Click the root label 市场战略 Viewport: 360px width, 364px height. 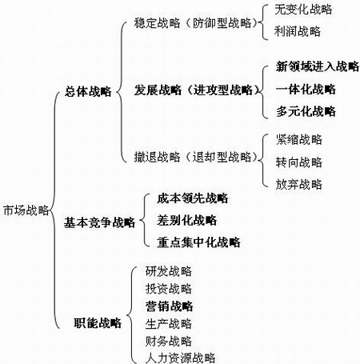coord(26,210)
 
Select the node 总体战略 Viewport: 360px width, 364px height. coord(88,91)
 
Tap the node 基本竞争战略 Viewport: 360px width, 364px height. coord(99,222)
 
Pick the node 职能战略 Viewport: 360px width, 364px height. coord(98,322)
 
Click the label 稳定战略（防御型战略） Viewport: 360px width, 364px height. coord(195,23)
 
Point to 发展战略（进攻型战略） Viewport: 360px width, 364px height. coord(196,90)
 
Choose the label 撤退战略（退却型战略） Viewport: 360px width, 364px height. coord(195,157)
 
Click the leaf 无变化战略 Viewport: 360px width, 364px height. coord(303,10)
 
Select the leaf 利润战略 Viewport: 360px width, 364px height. coord(298,31)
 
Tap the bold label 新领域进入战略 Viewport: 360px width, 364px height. coord(318,66)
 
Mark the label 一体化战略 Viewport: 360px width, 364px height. coord(306,89)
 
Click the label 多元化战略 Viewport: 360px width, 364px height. coord(306,111)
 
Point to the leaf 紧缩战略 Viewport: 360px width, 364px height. coord(299,139)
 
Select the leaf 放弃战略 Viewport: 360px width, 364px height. coord(299,184)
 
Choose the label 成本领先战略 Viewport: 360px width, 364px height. coord(193,198)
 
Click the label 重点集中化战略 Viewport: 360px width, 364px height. coord(198,242)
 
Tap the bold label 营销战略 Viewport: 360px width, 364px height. coord(169,306)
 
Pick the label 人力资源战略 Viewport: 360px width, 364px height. coord(180,358)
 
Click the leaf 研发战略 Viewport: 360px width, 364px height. coord(169,271)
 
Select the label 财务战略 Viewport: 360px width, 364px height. coord(169,341)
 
